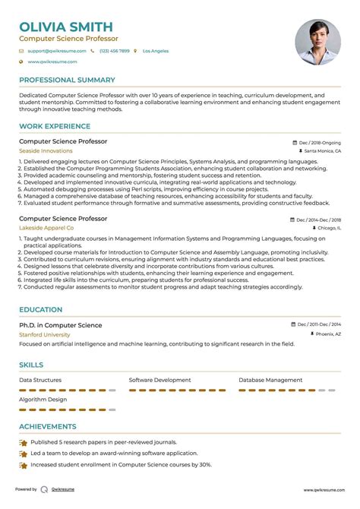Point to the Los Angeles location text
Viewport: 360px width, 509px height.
click(x=155, y=51)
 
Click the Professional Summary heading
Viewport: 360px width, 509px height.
click(x=67, y=80)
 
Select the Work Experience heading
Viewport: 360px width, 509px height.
click(x=51, y=126)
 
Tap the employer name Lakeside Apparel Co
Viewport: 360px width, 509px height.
click(x=46, y=228)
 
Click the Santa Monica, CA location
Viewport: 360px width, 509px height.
click(x=322, y=151)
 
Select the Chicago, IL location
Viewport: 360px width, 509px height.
click(x=325, y=228)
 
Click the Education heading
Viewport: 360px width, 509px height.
click(x=40, y=310)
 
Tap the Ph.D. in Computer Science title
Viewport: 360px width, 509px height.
click(x=60, y=325)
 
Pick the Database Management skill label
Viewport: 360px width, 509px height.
click(x=270, y=380)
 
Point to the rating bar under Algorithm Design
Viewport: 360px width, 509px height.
click(x=67, y=410)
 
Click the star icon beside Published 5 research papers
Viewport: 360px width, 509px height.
click(x=24, y=442)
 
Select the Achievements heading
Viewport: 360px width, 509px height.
click(x=47, y=427)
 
